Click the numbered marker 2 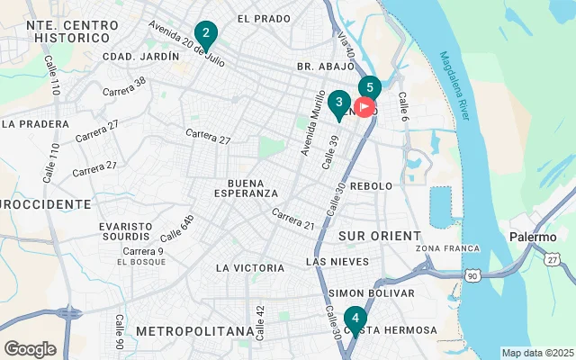[206, 36]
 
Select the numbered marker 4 [355, 319]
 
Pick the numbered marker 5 [370, 88]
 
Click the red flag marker [364, 107]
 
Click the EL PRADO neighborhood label [264, 18]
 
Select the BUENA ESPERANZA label [253, 187]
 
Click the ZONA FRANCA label [443, 247]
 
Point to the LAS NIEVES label [337, 262]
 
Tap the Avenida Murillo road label [312, 122]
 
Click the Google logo [30, 348]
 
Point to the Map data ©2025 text [536, 353]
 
